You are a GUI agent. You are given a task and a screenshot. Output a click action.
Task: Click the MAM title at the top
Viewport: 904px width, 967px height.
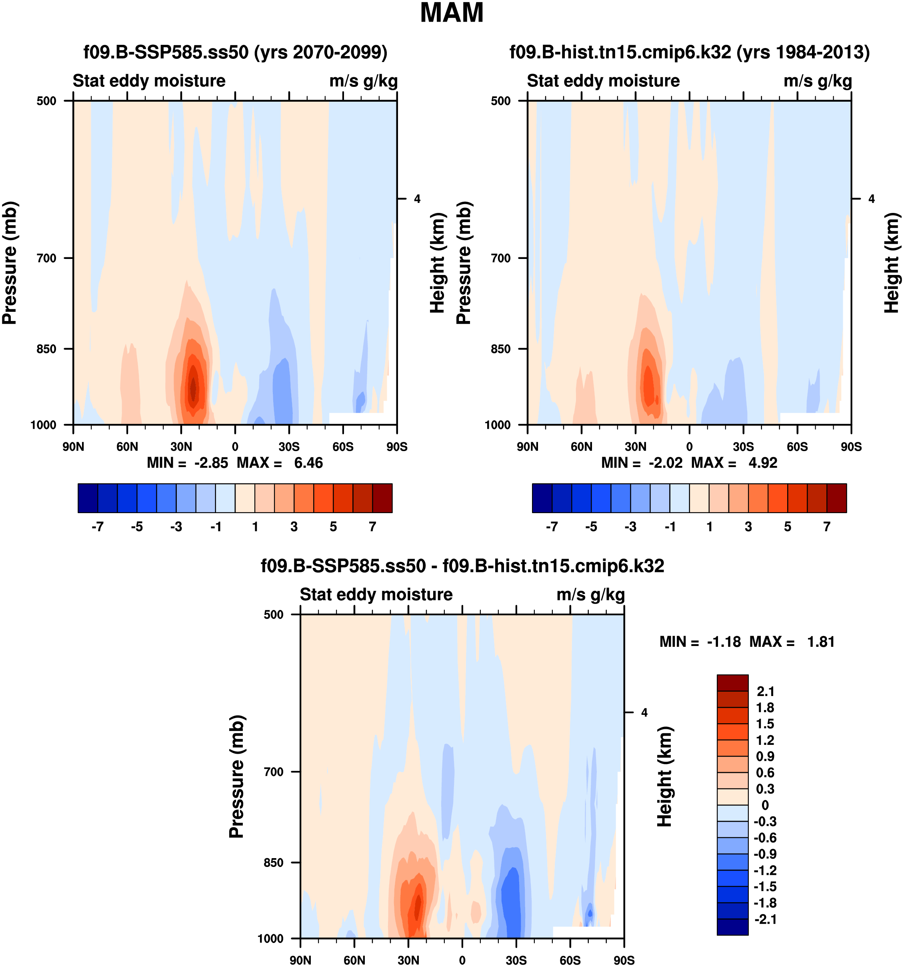(x=452, y=13)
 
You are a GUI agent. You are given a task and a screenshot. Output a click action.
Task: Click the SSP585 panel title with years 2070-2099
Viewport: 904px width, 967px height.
(x=235, y=52)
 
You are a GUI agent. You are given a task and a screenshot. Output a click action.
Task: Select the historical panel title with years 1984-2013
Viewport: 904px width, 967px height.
(x=689, y=52)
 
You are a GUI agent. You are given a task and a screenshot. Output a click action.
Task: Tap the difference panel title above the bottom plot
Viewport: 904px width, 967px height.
(x=462, y=566)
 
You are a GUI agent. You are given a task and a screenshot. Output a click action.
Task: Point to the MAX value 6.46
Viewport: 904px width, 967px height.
(x=308, y=463)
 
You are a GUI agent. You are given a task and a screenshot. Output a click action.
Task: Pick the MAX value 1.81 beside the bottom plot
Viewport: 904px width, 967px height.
(x=820, y=642)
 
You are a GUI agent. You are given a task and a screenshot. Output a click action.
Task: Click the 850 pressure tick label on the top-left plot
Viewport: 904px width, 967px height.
(x=47, y=349)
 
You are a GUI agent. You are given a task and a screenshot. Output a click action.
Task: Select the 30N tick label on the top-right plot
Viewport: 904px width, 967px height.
(x=635, y=447)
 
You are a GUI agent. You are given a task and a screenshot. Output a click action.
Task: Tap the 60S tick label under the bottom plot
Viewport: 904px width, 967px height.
(x=570, y=960)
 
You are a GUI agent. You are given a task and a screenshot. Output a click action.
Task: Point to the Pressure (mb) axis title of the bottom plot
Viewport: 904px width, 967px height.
(x=237, y=776)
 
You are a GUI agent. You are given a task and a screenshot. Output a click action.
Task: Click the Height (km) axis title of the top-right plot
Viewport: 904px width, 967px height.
(x=891, y=263)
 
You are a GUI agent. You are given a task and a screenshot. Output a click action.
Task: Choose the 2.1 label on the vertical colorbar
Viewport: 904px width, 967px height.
(x=766, y=691)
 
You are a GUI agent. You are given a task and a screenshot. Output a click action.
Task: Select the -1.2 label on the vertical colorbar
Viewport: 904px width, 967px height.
(x=764, y=870)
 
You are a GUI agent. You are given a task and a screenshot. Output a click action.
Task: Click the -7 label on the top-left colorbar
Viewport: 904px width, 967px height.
(x=97, y=527)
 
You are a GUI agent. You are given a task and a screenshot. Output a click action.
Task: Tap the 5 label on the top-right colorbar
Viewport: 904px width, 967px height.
(x=787, y=527)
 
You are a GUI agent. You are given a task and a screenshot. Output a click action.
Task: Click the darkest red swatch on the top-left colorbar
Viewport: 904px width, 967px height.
(x=382, y=498)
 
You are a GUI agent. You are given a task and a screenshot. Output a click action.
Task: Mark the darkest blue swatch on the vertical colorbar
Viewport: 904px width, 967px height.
(x=732, y=927)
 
